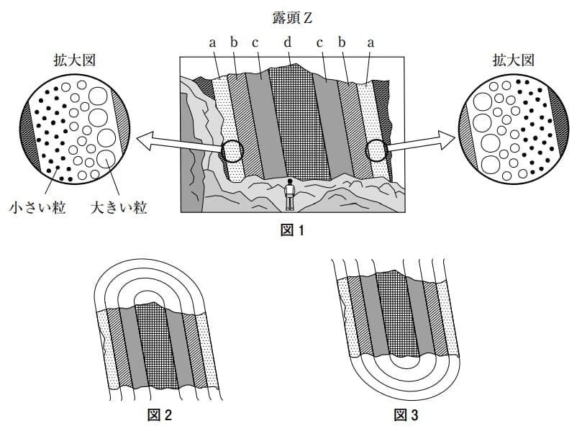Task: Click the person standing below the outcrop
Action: pyautogui.click(x=289, y=194)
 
